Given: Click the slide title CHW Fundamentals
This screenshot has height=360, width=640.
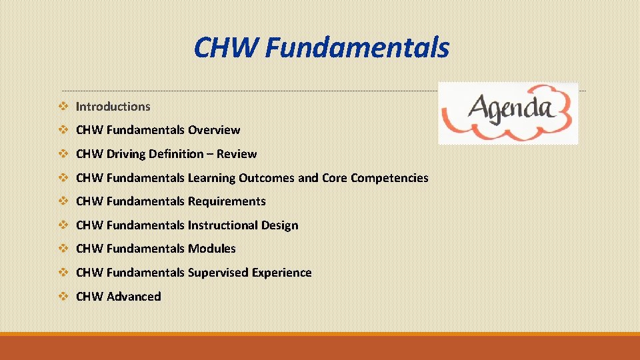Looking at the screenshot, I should point(321,48).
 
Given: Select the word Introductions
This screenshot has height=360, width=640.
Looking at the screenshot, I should point(113,107).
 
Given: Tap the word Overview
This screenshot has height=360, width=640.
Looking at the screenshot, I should point(214,130).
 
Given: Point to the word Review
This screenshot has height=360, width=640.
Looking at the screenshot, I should point(237,154).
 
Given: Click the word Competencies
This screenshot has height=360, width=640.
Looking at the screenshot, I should point(389,178).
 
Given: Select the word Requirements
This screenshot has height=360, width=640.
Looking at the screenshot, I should point(227,201).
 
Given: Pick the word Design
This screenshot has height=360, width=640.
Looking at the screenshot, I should point(279,225).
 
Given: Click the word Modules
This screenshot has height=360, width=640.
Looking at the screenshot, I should point(212,249).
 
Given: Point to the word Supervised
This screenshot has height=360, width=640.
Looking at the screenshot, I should point(219,273).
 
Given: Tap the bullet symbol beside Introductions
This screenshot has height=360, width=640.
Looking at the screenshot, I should point(63,107).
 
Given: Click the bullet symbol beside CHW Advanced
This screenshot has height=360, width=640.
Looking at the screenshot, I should point(63,297).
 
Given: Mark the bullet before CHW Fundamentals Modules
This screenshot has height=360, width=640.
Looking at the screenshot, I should point(63,249).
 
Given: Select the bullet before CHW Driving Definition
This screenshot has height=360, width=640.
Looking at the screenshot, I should point(63,154).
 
